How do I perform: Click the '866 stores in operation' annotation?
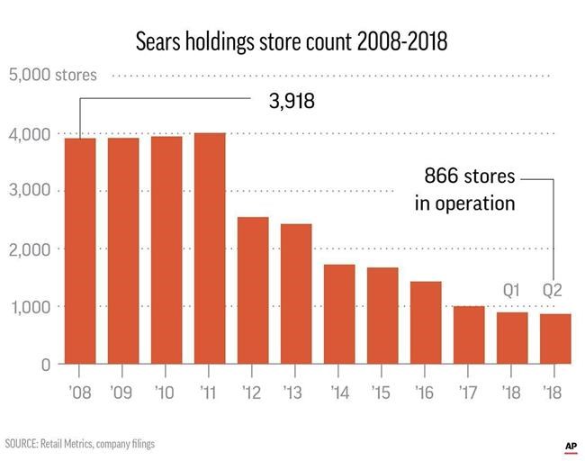point(464,190)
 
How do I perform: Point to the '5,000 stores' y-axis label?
point(53,75)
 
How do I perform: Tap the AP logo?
point(570,445)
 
